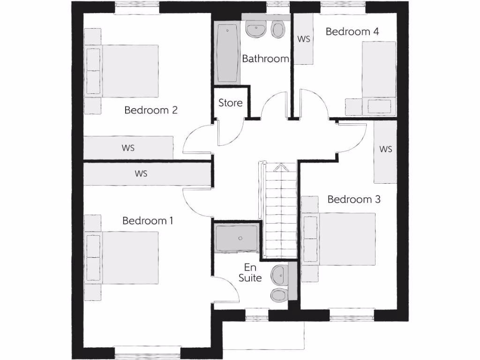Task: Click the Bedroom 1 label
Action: [x=148, y=220]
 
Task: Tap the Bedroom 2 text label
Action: [x=151, y=110]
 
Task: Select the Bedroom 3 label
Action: [x=353, y=199]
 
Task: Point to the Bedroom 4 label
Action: [x=352, y=31]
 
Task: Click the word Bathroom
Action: [x=265, y=59]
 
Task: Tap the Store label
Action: [x=230, y=103]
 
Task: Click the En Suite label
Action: [x=250, y=272]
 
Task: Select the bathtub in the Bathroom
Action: [x=227, y=53]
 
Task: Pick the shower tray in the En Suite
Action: [x=237, y=238]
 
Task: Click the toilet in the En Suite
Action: [x=279, y=295]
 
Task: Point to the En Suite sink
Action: [x=280, y=274]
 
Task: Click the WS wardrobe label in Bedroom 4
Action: [x=304, y=39]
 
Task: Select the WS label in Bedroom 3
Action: [x=385, y=150]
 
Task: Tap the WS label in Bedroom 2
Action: [x=128, y=148]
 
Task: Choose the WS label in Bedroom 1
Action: [x=141, y=173]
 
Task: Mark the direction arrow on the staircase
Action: [x=279, y=167]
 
